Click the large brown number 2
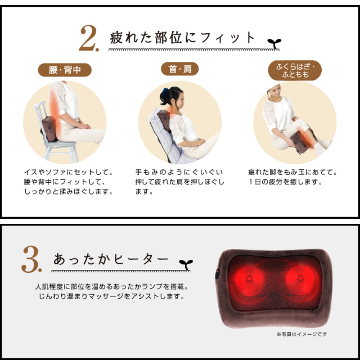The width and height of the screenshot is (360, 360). [89, 38]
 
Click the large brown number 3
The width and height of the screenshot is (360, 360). [31, 259]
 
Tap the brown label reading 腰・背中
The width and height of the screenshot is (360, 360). [65, 70]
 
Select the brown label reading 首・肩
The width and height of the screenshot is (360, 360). [180, 69]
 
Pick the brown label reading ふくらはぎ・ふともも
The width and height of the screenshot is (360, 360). [295, 70]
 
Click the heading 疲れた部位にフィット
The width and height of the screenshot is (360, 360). [182, 38]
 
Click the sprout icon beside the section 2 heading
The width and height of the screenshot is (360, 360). [274, 43]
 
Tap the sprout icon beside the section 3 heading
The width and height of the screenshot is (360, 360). [186, 265]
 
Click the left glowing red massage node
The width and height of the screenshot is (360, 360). [249, 280]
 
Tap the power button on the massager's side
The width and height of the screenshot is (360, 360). [217, 273]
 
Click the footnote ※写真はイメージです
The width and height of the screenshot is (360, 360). [301, 334]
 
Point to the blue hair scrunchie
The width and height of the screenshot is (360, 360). [165, 91]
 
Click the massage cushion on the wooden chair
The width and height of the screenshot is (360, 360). [49, 129]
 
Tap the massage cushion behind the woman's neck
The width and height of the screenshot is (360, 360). [164, 119]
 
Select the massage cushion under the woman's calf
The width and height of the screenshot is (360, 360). [301, 141]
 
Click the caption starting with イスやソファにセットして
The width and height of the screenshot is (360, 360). [69, 182]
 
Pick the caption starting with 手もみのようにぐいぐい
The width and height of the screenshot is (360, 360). [179, 182]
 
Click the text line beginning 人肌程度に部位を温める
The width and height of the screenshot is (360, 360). [111, 287]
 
